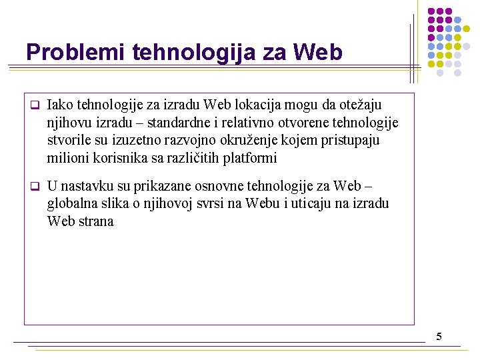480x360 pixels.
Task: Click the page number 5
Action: (x=439, y=336)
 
